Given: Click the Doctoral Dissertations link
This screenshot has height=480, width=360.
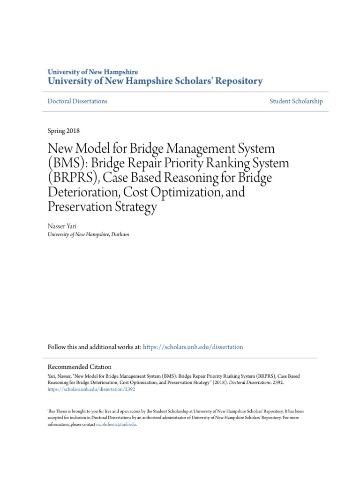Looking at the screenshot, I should pyautogui.click(x=77, y=101).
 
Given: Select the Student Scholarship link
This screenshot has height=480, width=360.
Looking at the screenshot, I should pyautogui.click(x=296, y=101).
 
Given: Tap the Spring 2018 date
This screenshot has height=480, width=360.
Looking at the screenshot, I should pyautogui.click(x=64, y=131).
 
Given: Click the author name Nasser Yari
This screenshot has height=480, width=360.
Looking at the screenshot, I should pyautogui.click(x=62, y=226).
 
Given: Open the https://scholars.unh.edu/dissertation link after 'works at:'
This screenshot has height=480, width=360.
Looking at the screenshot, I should pyautogui.click(x=193, y=347).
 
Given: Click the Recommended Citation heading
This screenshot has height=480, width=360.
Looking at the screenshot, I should pyautogui.click(x=80, y=367).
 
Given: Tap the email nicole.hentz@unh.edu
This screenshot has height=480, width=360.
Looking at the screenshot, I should pyautogui.click(x=116, y=424).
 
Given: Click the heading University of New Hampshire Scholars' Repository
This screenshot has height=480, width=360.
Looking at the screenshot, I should pyautogui.click(x=155, y=81).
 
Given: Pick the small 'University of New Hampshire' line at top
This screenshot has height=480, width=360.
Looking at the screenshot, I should pyautogui.click(x=93, y=72).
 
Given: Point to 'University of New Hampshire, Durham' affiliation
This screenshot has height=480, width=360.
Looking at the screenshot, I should pyautogui.click(x=88, y=234).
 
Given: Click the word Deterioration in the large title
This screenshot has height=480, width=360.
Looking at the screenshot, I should pyautogui.click(x=84, y=193).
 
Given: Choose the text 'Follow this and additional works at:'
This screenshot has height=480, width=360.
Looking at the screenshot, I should pyautogui.click(x=94, y=347).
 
